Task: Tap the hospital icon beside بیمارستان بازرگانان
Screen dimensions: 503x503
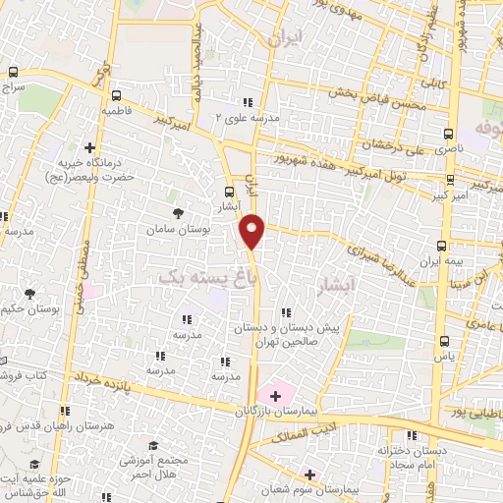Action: [275, 395]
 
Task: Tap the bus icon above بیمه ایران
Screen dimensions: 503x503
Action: [441, 245]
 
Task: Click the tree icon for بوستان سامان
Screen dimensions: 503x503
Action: [177, 213]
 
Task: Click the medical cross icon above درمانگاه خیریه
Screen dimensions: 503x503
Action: [102, 140]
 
